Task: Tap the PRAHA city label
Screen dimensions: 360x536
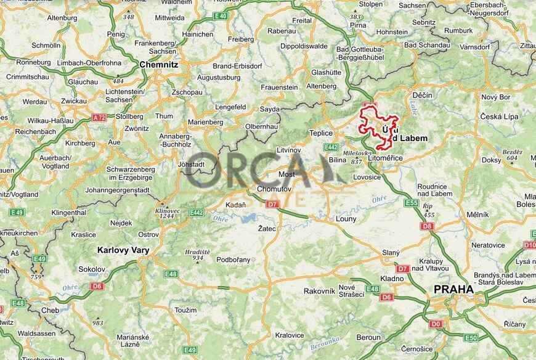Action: click(x=453, y=289)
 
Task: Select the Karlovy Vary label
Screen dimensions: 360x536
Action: click(x=123, y=250)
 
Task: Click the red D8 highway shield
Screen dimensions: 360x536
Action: click(x=427, y=226)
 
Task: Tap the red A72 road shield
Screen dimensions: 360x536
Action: click(x=99, y=117)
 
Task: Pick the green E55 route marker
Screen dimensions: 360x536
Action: click(x=412, y=203)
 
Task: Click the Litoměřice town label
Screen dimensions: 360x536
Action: click(x=385, y=158)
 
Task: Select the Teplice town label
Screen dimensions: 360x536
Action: click(x=321, y=133)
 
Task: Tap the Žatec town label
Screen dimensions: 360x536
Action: click(x=266, y=229)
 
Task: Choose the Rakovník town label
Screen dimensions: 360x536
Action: click(x=319, y=291)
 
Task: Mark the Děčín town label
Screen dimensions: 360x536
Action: click(x=423, y=95)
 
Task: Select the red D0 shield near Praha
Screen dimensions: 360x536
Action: click(x=436, y=324)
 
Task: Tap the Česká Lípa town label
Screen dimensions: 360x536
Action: click(x=499, y=117)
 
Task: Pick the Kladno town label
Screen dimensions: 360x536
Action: click(x=391, y=279)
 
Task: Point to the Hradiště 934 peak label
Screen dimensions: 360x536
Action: click(x=197, y=254)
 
